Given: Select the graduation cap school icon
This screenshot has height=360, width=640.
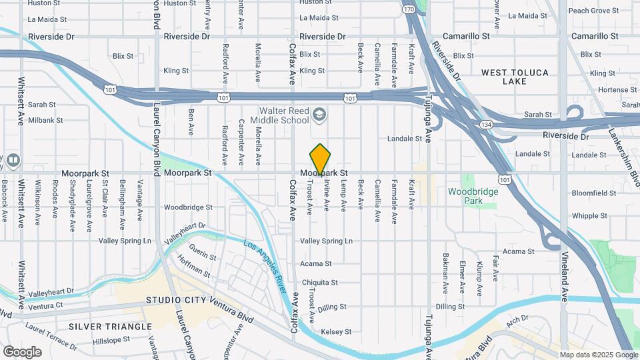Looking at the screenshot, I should click(x=319, y=115).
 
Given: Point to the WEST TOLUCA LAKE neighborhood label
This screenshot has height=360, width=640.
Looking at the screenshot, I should click(x=515, y=77).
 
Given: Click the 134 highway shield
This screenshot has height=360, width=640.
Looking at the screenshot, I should click(x=487, y=125).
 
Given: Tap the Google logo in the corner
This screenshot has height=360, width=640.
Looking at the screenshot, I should click(x=21, y=351).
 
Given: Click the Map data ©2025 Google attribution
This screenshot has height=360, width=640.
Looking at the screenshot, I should click(x=598, y=355).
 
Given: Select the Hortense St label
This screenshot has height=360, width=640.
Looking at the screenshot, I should click(x=613, y=90).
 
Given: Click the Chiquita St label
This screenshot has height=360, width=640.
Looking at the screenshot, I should click(x=319, y=282).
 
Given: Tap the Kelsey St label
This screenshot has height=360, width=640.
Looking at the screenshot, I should click(x=336, y=331).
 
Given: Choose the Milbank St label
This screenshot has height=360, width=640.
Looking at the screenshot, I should click(x=45, y=121).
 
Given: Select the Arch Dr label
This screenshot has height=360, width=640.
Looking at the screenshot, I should click(x=517, y=318).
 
